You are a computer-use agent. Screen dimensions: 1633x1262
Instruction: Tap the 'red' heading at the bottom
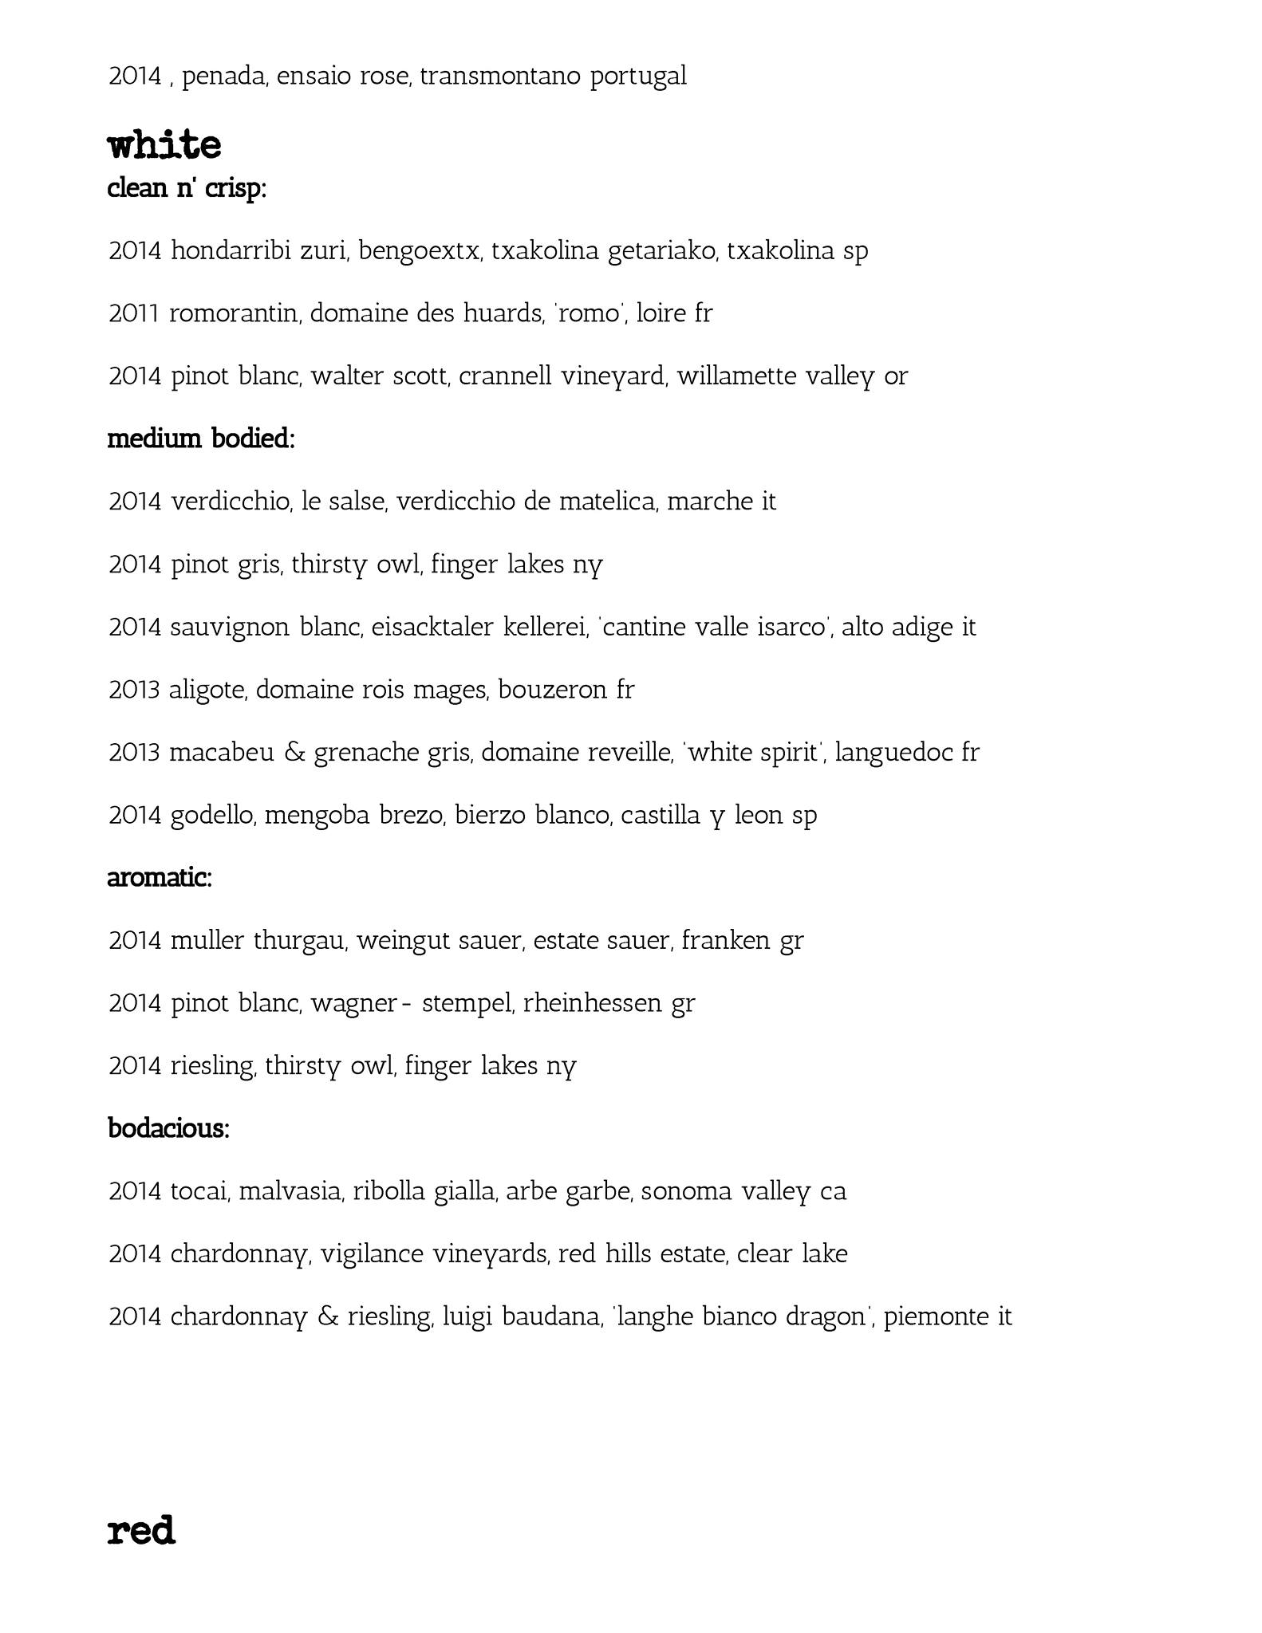tap(140, 1531)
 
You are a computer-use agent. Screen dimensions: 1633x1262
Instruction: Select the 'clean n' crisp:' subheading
tap(187, 190)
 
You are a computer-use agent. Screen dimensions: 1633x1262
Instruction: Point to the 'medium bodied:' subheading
tap(201, 439)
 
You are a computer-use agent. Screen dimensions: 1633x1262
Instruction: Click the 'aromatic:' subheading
tap(160, 878)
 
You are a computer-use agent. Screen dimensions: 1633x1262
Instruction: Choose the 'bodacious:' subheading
tap(168, 1128)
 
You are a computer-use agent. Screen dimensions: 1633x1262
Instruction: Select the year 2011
tap(135, 313)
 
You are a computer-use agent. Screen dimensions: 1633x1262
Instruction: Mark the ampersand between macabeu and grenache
tap(294, 753)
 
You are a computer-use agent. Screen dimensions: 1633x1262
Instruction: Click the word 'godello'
tap(213, 815)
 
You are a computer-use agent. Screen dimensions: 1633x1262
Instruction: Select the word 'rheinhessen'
tap(593, 1003)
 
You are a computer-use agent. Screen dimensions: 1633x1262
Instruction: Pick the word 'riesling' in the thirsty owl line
tap(213, 1066)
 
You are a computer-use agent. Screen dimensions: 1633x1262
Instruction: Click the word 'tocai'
tap(200, 1191)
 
